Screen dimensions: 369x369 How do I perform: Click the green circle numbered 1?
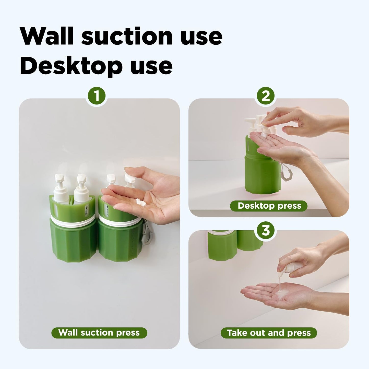pos(97,96)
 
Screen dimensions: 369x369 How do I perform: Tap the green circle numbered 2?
pos(266,96)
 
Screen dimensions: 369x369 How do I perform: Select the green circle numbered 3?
pos(266,231)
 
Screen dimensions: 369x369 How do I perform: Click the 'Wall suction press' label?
pos(99,333)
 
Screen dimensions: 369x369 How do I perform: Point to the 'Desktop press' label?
pos(269,206)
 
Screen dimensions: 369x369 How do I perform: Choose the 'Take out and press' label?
pos(269,333)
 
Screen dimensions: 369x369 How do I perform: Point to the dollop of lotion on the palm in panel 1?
pos(141,203)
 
